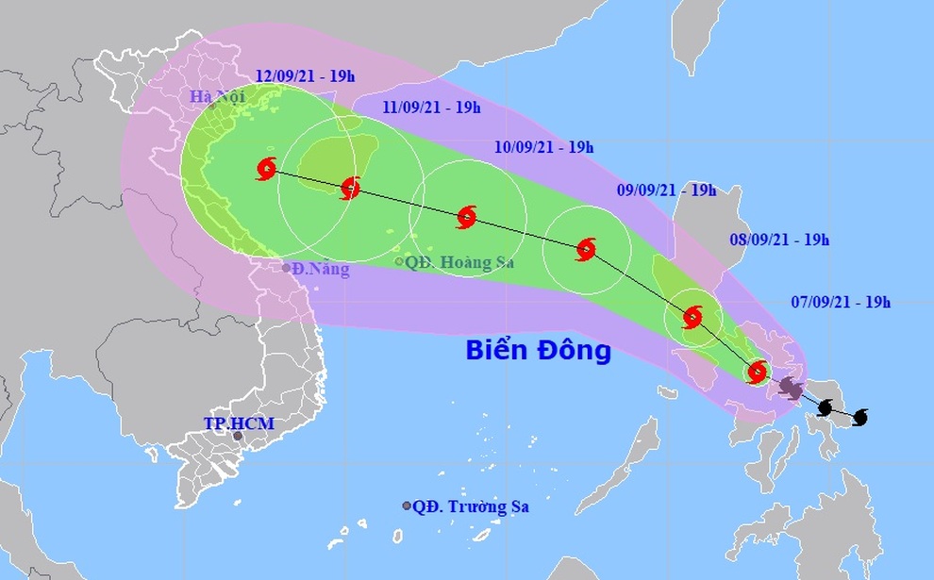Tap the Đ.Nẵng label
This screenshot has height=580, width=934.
coord(321,270)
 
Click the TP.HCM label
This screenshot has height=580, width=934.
coord(239,423)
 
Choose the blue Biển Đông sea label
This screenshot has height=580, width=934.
coord(539,352)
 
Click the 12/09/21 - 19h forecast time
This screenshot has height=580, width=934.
coord(300,75)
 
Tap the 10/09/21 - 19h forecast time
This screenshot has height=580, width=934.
coord(543,147)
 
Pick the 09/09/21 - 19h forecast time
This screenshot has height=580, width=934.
coord(666,190)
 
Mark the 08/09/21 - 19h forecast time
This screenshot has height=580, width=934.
coord(779,240)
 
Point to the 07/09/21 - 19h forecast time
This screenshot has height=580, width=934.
coord(841,302)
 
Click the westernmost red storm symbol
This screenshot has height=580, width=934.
coord(266,170)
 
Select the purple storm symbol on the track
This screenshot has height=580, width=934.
coord(791,387)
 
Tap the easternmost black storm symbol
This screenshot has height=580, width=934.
coord(859,417)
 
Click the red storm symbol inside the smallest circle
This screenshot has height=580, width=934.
coord(757,372)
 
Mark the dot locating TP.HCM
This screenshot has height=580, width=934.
coord(238,436)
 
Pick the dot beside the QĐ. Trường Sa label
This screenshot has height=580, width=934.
coord(407,506)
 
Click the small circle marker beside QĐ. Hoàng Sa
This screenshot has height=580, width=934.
coord(399,262)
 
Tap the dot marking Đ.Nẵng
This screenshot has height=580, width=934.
coord(287,268)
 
